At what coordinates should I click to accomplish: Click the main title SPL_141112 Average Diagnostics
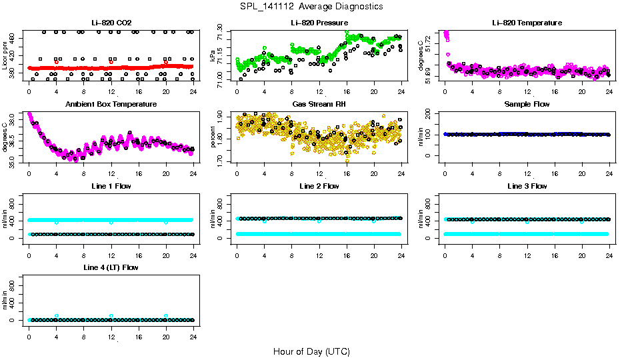click(311, 6)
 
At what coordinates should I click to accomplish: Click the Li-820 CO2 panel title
click(111, 23)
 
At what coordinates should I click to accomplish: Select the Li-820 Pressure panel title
click(319, 23)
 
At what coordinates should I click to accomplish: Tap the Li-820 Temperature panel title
click(527, 23)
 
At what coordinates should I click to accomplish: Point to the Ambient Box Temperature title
click(111, 104)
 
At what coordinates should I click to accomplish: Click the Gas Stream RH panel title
click(319, 104)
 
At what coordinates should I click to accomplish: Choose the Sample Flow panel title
click(527, 104)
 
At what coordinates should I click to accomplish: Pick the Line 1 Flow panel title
click(111, 186)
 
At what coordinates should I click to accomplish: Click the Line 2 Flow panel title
click(319, 186)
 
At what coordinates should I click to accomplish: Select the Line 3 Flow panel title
click(527, 186)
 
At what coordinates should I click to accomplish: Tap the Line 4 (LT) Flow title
click(111, 267)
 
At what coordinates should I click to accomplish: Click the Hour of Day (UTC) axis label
click(311, 351)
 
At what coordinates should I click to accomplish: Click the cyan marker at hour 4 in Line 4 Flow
click(57, 316)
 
